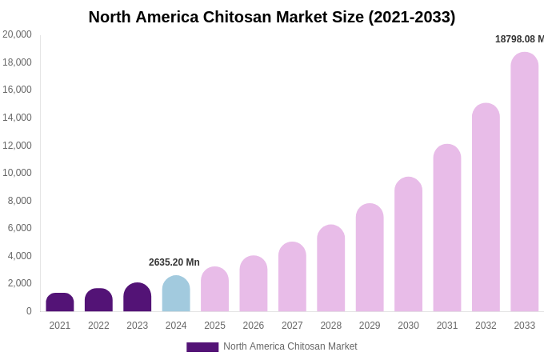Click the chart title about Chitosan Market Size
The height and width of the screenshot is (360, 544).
(x=272, y=17)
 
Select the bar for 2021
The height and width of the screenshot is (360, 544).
(x=60, y=302)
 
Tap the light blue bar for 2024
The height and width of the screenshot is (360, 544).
(x=176, y=294)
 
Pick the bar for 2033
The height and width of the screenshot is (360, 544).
(x=525, y=182)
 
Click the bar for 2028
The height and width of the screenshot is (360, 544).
(x=331, y=268)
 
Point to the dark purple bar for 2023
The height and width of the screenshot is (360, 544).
(x=138, y=298)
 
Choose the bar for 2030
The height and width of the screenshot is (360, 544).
(x=408, y=244)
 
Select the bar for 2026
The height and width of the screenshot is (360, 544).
(x=254, y=284)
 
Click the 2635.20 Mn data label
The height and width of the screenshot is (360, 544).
(x=174, y=262)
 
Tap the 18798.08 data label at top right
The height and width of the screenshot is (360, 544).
(x=519, y=39)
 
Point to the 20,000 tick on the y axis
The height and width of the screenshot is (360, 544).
(x=18, y=34)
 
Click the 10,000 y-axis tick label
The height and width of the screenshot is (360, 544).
(x=18, y=173)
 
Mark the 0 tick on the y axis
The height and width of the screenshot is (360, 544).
(x=29, y=311)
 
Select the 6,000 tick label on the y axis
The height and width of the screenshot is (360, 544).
(x=20, y=228)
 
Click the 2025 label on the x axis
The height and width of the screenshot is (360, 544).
(x=214, y=326)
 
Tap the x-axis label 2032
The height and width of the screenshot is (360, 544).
(x=486, y=326)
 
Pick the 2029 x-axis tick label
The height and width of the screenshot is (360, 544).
(x=370, y=326)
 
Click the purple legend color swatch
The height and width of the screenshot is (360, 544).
(x=202, y=347)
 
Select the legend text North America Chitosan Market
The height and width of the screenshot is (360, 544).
(x=290, y=346)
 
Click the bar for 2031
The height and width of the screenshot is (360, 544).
(x=447, y=228)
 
